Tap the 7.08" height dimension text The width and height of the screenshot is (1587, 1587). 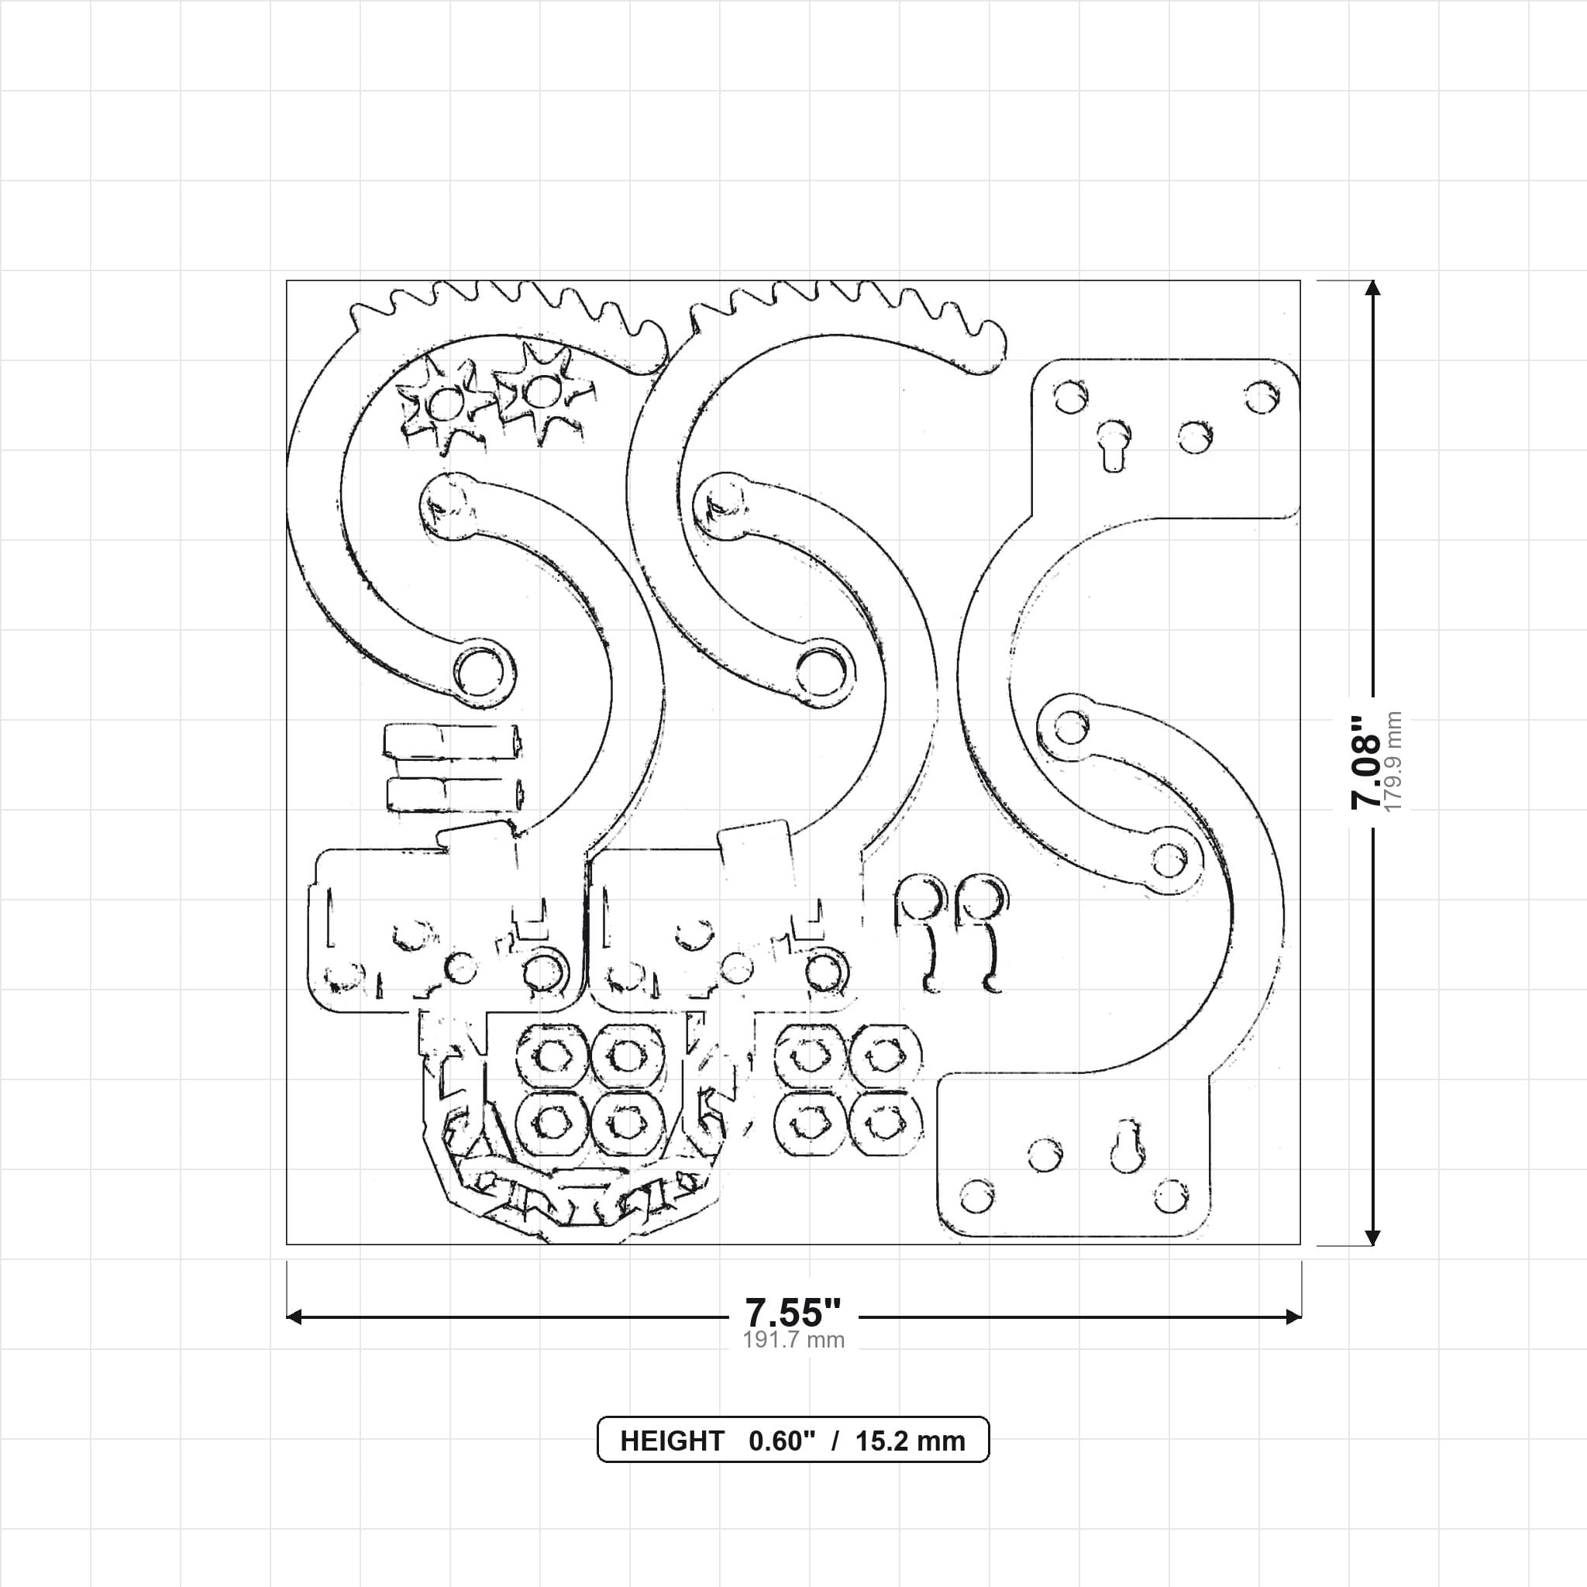[1366, 763]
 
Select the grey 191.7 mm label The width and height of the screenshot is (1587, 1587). [793, 1340]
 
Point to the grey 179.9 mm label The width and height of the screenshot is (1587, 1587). [1393, 763]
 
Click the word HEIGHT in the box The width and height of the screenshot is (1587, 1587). [672, 1441]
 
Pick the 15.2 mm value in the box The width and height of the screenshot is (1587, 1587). [911, 1441]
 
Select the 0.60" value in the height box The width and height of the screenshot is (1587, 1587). [782, 1441]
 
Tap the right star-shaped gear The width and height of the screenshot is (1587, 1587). [542, 393]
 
